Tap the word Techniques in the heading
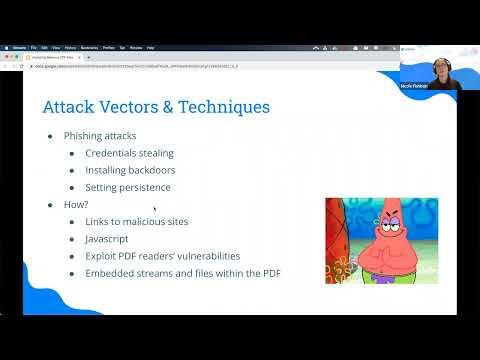click(x=221, y=106)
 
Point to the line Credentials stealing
click(x=128, y=153)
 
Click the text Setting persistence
click(x=127, y=187)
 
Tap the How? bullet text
click(x=76, y=204)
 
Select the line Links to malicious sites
click(x=136, y=221)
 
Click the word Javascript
click(x=108, y=238)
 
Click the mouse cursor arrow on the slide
click(x=155, y=208)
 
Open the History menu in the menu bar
click(x=69, y=47)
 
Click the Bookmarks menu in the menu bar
click(x=88, y=47)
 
